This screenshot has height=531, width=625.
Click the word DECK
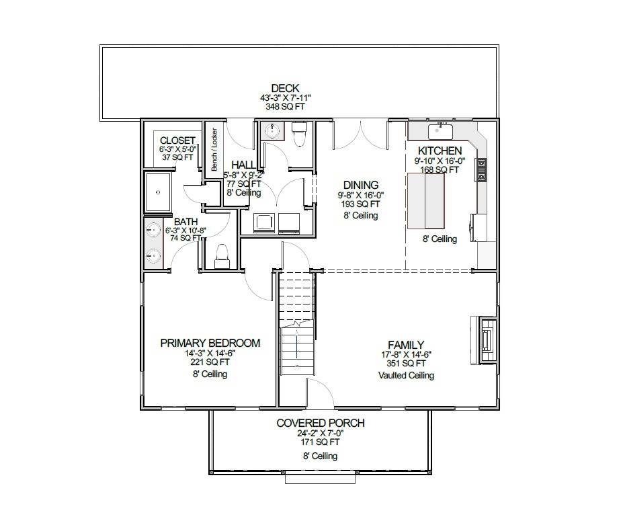(285, 88)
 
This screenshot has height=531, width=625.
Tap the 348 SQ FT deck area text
(285, 107)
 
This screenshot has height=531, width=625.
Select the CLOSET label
(177, 140)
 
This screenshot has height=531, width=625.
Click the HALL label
(243, 165)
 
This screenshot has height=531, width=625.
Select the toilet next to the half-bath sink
(299, 135)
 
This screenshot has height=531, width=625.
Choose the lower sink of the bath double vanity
(152, 256)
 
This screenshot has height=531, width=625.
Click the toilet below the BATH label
(221, 255)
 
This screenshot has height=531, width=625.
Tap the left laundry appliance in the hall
(262, 222)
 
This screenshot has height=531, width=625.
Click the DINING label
(361, 185)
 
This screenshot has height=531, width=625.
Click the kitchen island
(426, 200)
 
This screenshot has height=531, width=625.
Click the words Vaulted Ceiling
(405, 375)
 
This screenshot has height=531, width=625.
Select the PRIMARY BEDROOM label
(210, 343)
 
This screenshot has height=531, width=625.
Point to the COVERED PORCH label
(321, 423)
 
